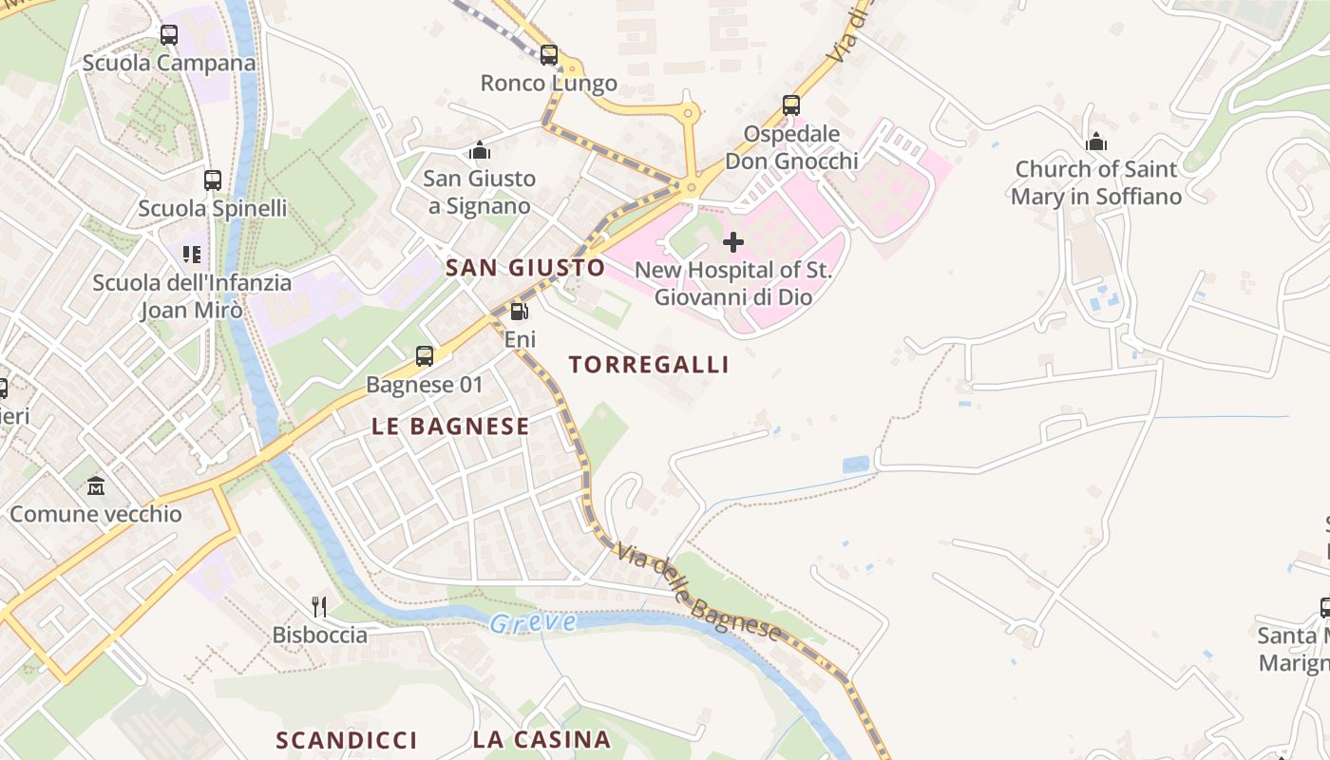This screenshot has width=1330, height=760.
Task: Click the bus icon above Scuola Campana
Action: [x=169, y=35]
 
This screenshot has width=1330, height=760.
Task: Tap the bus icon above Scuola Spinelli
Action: [x=213, y=180]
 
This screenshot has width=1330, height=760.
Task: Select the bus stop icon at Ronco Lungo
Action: [x=549, y=55]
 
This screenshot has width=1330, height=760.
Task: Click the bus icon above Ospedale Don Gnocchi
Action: [x=791, y=104]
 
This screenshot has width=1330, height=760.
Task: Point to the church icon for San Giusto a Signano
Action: [x=480, y=150]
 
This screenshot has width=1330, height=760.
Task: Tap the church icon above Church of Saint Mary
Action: [x=1096, y=142]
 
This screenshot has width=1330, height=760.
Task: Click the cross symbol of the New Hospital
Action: [x=733, y=242]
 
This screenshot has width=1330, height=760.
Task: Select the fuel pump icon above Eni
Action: [x=519, y=311]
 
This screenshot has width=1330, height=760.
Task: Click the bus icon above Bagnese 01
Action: [x=425, y=356]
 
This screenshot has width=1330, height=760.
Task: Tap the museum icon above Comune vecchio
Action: [x=96, y=485]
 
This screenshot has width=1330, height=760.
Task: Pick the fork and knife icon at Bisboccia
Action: [x=319, y=606]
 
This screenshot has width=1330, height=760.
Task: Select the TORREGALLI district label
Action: [x=649, y=365]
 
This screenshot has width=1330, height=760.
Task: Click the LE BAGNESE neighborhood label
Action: [x=450, y=427]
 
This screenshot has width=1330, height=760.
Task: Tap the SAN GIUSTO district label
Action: [x=525, y=268]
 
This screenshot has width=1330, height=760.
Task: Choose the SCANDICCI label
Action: [x=347, y=740]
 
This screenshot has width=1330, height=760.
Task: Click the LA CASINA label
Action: [x=541, y=740]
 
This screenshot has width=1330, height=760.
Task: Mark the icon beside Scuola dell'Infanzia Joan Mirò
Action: [x=192, y=254]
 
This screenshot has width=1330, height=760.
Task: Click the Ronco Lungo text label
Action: [x=549, y=84]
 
